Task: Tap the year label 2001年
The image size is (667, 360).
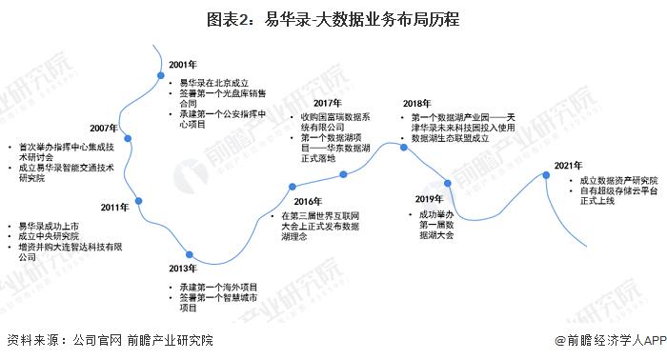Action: [184, 64]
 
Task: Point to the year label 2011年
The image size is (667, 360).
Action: [116, 207]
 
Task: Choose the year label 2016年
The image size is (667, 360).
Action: [310, 201]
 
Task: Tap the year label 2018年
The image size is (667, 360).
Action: [416, 103]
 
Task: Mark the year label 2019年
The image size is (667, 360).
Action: [430, 198]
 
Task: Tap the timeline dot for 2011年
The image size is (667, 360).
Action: [139, 200]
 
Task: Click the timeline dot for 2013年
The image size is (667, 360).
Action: [191, 254]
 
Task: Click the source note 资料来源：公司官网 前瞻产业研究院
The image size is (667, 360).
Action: [110, 340]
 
